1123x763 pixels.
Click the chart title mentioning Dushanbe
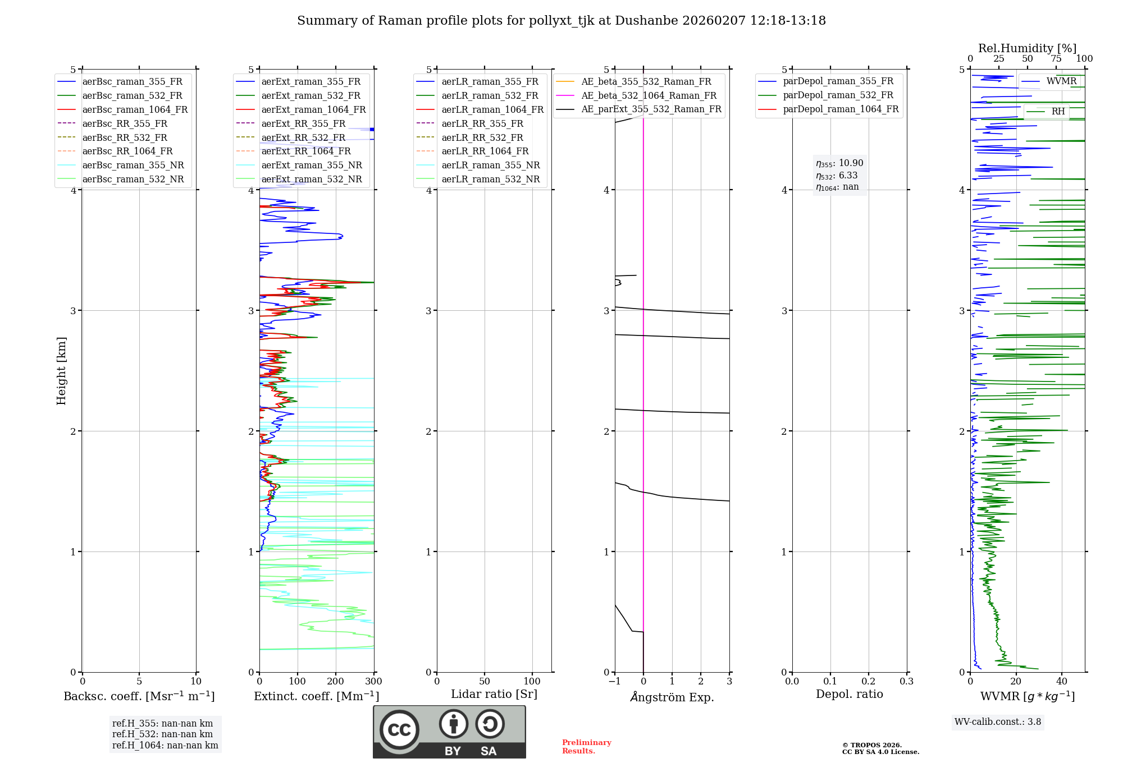point(561,21)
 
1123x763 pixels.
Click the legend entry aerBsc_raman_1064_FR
point(135,109)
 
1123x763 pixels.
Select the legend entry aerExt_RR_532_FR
point(303,137)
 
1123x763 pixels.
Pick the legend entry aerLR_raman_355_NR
point(490,165)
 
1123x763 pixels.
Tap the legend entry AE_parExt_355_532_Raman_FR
point(651,109)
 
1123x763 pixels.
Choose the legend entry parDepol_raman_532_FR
point(838,95)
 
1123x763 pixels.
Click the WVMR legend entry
point(1061,81)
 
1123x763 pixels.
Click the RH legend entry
point(1058,112)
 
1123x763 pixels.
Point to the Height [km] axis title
point(61,371)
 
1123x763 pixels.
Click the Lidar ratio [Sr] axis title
point(494,694)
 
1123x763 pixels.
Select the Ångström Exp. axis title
point(672,697)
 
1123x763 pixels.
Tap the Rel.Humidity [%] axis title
point(1027,48)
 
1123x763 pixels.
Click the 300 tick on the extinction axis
point(374,682)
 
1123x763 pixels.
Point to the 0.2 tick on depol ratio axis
point(869,682)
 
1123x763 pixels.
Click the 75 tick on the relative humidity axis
point(1056,59)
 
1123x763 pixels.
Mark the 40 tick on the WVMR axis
point(1062,682)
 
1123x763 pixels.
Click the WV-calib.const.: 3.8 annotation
point(998,722)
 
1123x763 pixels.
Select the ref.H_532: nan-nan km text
point(162,734)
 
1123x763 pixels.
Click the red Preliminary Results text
point(586,747)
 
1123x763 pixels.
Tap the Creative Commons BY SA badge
point(449,732)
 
